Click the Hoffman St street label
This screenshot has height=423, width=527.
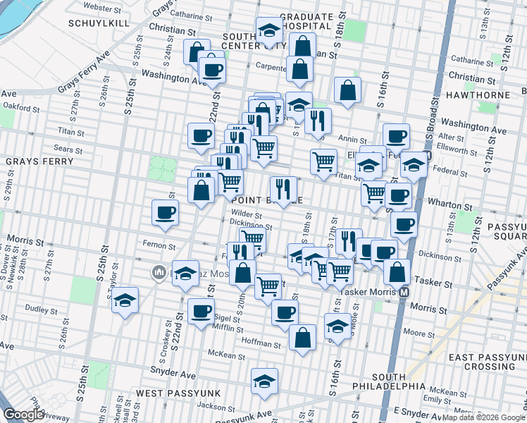[x=263, y=345]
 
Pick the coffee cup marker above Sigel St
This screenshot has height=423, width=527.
[x=201, y=310]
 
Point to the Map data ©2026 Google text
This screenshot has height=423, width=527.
[x=483, y=417]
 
